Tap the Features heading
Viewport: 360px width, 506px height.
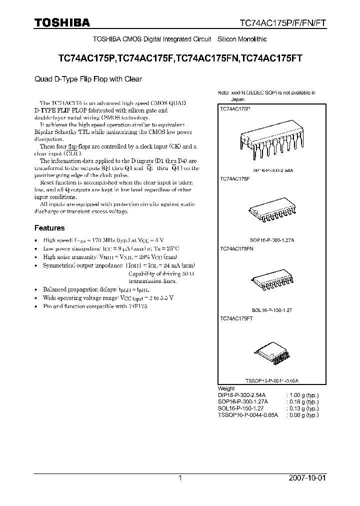click(49, 228)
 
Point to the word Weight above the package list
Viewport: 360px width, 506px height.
click(226, 388)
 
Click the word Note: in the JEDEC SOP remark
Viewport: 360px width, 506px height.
click(223, 93)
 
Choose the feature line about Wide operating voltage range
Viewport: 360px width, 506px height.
click(108, 297)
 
